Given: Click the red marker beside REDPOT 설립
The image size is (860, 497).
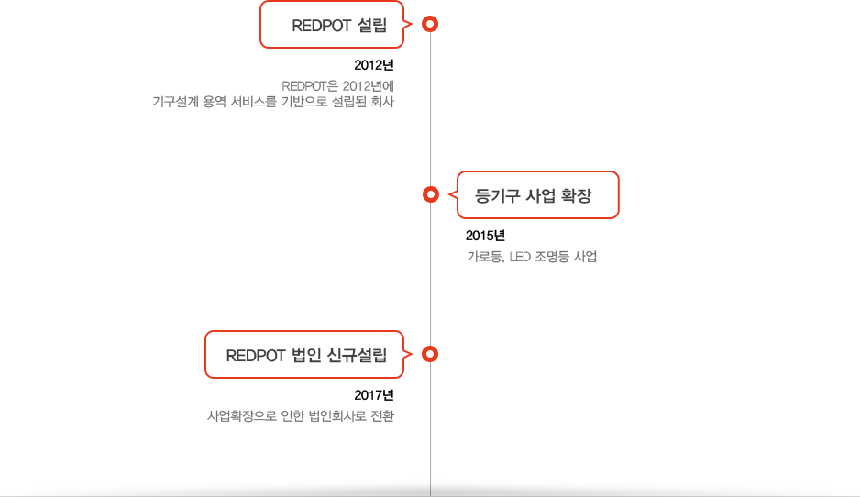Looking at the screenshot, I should click(430, 24).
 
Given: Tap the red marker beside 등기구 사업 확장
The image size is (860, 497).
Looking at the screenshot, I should click(430, 193).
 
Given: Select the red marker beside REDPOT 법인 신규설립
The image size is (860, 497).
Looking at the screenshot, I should click(430, 353).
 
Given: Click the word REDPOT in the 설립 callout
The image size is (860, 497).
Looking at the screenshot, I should click(320, 26).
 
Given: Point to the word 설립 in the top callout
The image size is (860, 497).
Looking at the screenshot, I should click(371, 26).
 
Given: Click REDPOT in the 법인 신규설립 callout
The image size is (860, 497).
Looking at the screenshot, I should click(256, 356).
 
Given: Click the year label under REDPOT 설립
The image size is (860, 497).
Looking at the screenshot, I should click(374, 65).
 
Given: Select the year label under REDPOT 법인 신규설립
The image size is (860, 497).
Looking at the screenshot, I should click(374, 395).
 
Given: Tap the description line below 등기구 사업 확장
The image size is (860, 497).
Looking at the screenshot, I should click(532, 257).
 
